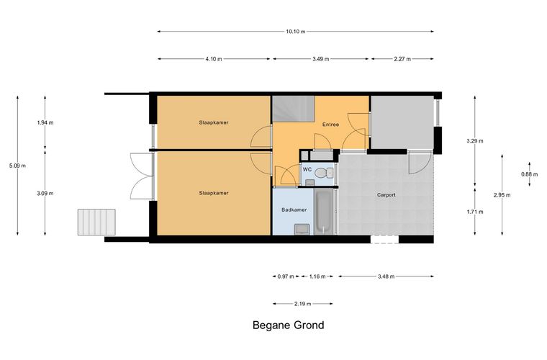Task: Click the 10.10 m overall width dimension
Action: (296, 32)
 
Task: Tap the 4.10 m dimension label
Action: (214, 59)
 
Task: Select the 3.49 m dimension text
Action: (320, 59)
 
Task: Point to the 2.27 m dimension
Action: (402, 59)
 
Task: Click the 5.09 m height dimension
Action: (17, 166)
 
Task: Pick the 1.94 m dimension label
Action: (45, 123)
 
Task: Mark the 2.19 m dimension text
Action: (302, 304)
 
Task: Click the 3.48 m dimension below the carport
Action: (386, 276)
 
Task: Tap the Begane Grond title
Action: (288, 325)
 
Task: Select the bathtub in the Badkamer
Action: (324, 212)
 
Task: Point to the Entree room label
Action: (330, 125)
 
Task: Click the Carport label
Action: (386, 195)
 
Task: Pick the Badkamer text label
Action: (294, 210)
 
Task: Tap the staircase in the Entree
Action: (294, 109)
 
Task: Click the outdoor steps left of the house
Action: (96, 222)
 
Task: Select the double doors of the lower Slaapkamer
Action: (142, 176)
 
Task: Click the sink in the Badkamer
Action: (302, 229)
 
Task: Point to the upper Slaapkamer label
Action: (214, 123)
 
